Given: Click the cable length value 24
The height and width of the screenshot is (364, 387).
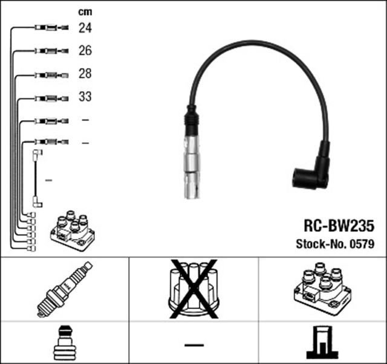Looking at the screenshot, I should [85, 28].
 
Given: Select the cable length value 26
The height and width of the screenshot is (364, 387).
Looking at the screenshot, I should [85, 51].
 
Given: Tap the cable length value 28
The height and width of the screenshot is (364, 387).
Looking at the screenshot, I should [85, 74].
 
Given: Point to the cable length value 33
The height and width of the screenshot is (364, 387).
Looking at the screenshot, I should [85, 97].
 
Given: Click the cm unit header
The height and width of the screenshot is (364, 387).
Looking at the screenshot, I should [85, 11].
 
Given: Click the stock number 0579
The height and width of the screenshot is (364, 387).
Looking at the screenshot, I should [362, 244].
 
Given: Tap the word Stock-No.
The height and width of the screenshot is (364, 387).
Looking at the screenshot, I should [321, 244].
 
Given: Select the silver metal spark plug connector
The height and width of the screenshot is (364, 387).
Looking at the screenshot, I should [191, 163].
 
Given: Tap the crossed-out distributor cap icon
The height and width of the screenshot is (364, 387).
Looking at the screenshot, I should [193, 289].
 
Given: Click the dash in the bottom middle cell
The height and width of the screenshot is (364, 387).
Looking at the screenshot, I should [193, 345].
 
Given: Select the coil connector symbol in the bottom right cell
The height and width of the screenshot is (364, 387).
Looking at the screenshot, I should [322, 342].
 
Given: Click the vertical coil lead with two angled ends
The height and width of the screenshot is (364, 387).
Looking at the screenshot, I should [36, 179].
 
